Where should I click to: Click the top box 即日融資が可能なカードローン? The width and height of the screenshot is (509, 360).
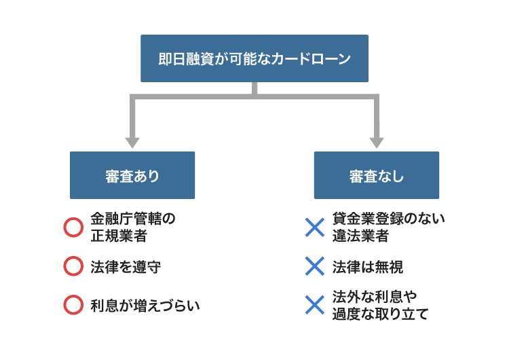254,58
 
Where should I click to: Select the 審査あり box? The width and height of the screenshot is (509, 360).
132,175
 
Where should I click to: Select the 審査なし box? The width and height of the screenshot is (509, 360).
376,175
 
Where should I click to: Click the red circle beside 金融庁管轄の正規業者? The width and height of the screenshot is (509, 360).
73,228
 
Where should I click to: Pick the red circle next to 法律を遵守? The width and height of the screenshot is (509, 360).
73,266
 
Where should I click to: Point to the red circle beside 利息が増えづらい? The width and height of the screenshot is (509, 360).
73,305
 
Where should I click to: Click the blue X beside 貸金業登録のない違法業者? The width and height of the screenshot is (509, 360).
315,228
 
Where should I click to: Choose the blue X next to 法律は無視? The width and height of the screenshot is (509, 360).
315,266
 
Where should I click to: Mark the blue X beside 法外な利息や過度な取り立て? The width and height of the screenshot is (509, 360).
315,305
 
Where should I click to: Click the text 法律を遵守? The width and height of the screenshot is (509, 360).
126,267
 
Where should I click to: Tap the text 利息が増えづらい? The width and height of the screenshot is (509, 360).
145,306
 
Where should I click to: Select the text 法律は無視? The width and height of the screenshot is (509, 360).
368,267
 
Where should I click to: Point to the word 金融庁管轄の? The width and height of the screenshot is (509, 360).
133,219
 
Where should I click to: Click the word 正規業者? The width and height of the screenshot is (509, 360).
119,236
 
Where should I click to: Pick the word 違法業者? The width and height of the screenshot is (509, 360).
360,236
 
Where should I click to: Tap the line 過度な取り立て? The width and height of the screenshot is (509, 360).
381,314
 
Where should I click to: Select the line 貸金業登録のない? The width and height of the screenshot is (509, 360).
389,219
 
